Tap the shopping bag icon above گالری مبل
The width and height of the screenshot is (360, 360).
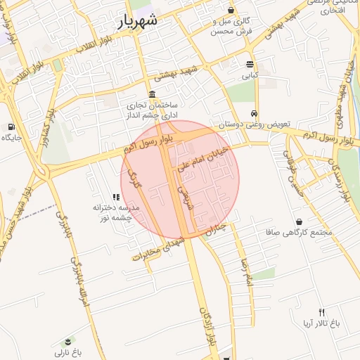pos(231,10)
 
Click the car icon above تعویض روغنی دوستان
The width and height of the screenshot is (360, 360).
pos(253,114)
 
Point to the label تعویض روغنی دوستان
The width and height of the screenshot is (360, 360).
pos(254,124)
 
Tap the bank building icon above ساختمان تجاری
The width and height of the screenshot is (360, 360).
pos(152,94)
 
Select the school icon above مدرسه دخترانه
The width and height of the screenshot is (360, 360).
pos(116,198)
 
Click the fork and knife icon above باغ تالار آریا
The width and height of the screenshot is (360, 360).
pos(322,312)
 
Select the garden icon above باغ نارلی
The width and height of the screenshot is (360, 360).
pos(68,340)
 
